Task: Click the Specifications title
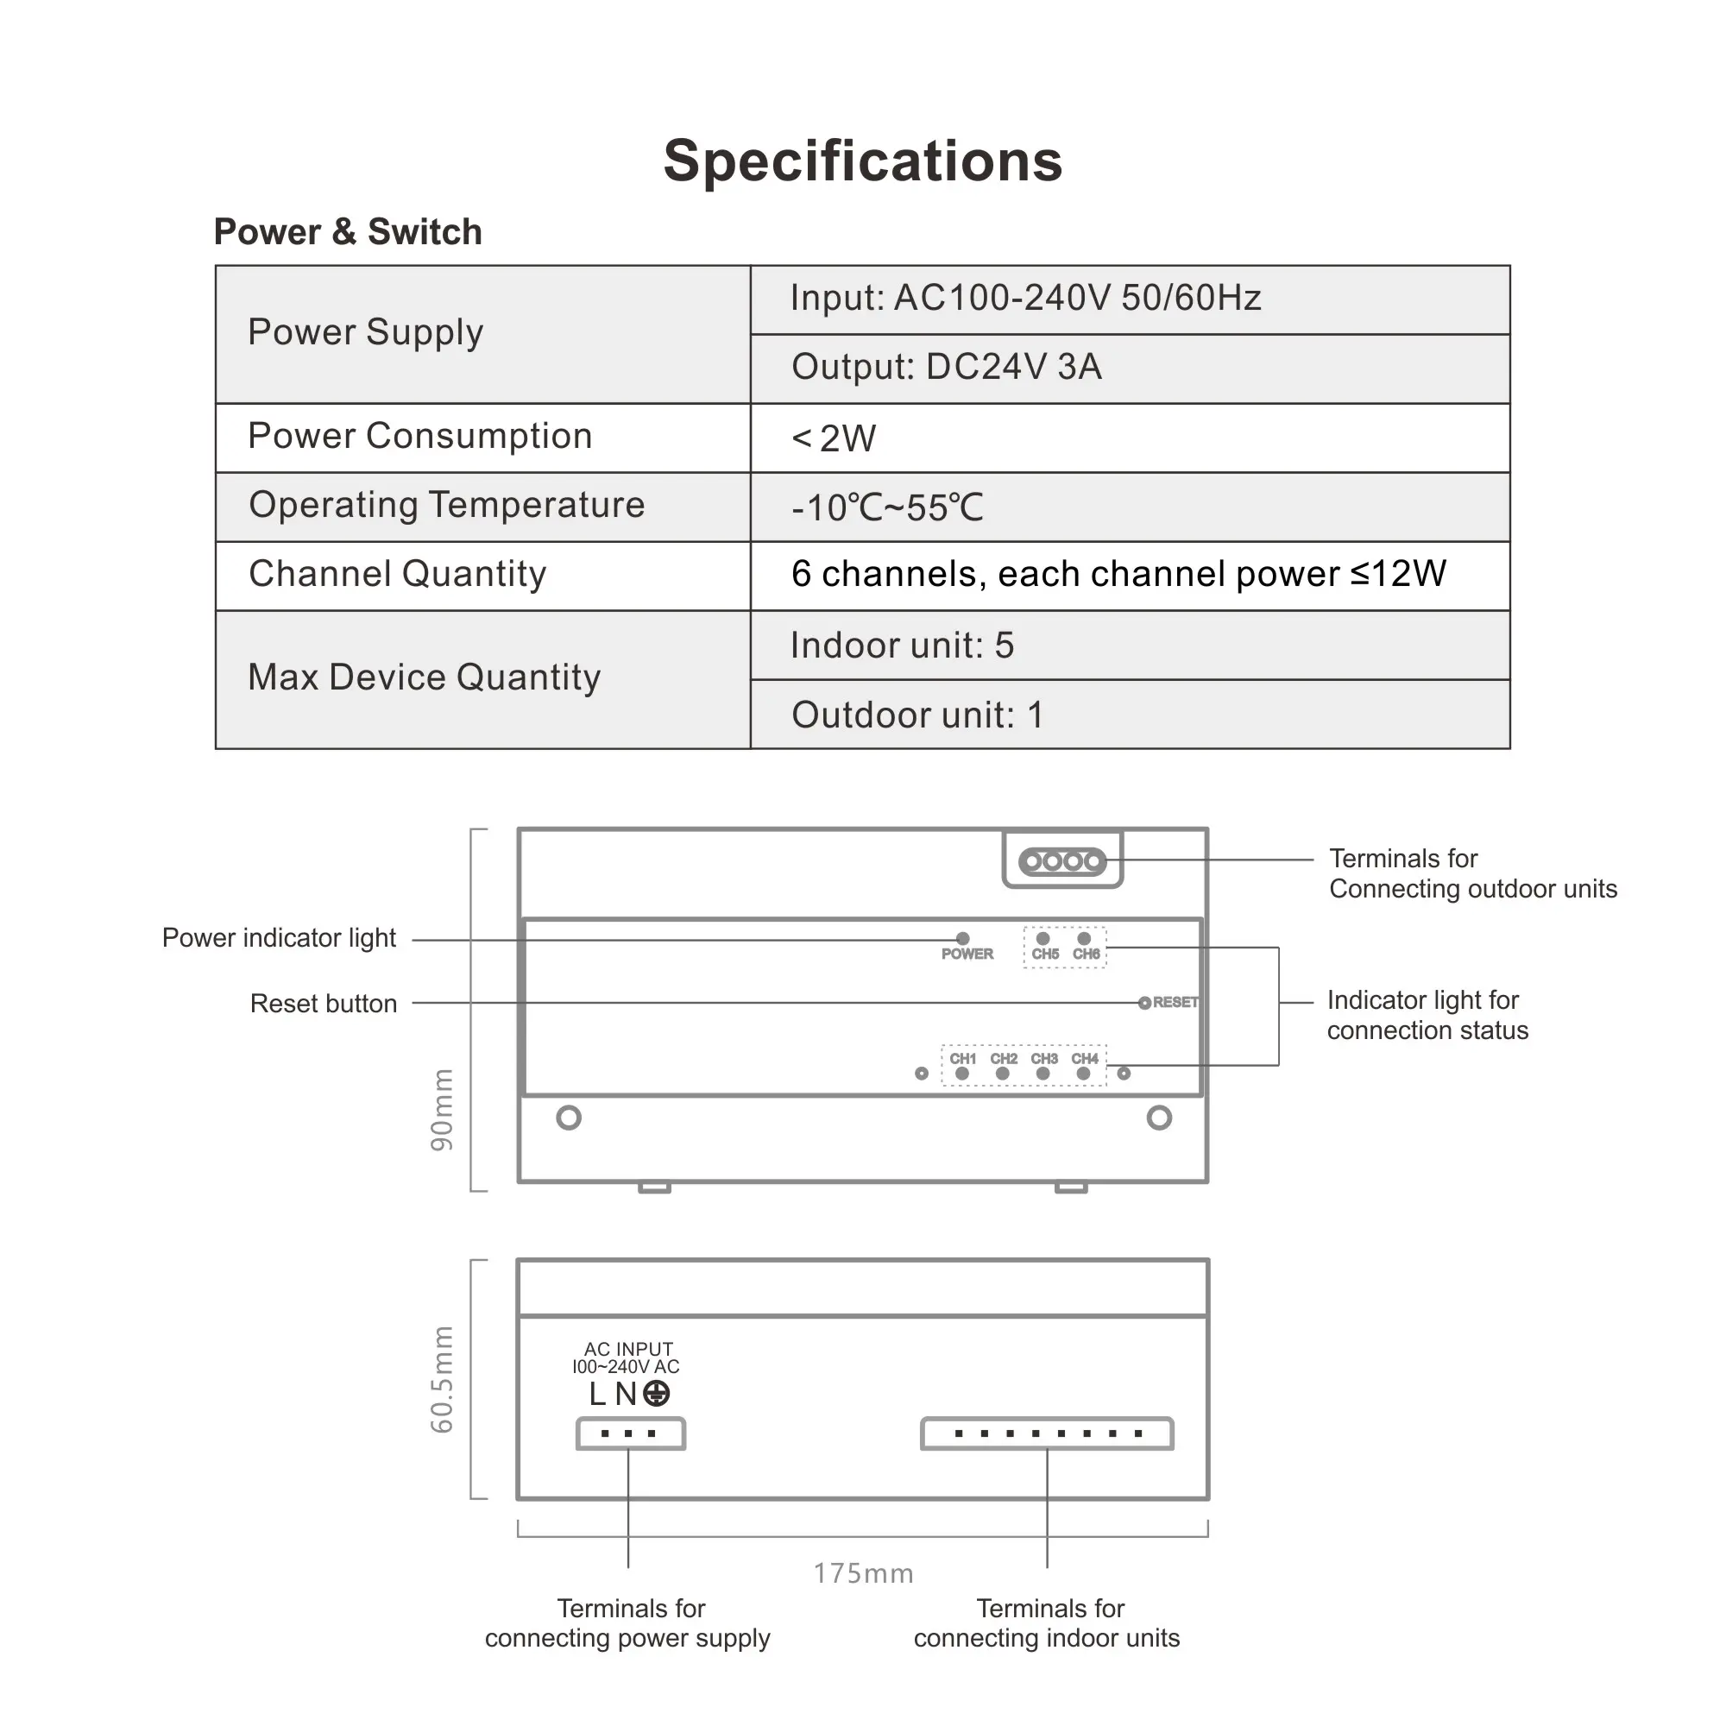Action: [862, 161]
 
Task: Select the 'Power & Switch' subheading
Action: [348, 231]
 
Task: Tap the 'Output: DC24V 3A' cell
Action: [946, 367]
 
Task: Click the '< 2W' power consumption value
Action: [834, 438]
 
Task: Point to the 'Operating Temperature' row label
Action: [447, 506]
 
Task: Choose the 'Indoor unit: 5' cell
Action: [903, 646]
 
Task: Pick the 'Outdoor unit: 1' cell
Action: [917, 715]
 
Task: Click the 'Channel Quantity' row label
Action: [398, 575]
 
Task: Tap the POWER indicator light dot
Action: [962, 938]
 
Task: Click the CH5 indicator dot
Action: [1043, 938]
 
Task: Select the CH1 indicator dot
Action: [962, 1074]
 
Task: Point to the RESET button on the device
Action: [1144, 1004]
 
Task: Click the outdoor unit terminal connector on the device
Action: [1062, 861]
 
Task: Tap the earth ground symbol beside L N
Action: [657, 1394]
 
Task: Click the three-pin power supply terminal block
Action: [630, 1433]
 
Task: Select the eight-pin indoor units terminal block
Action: [1046, 1433]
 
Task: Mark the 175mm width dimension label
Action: [863, 1573]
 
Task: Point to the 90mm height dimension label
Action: [442, 1110]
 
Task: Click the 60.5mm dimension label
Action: [442, 1379]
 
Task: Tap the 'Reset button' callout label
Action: [324, 1005]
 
